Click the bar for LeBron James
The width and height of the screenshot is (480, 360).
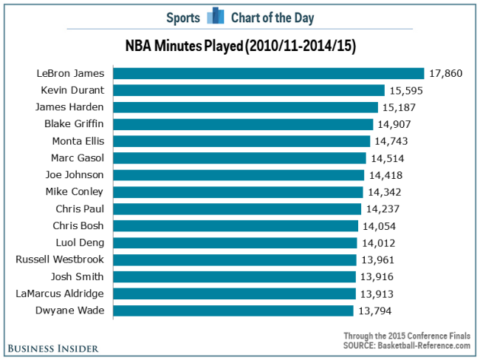click(x=269, y=73)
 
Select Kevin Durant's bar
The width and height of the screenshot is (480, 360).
click(x=249, y=90)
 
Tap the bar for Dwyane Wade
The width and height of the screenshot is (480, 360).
click(x=233, y=311)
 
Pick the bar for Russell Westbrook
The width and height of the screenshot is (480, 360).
click(x=234, y=260)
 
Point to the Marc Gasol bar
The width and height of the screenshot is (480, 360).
click(x=239, y=158)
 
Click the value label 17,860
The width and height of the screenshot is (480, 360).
click(x=446, y=73)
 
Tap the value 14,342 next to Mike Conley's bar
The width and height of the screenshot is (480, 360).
click(x=386, y=192)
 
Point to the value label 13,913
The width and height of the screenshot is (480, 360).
click(x=377, y=294)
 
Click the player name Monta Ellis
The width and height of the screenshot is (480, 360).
click(x=78, y=141)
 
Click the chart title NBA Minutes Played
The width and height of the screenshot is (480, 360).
click(x=240, y=46)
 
